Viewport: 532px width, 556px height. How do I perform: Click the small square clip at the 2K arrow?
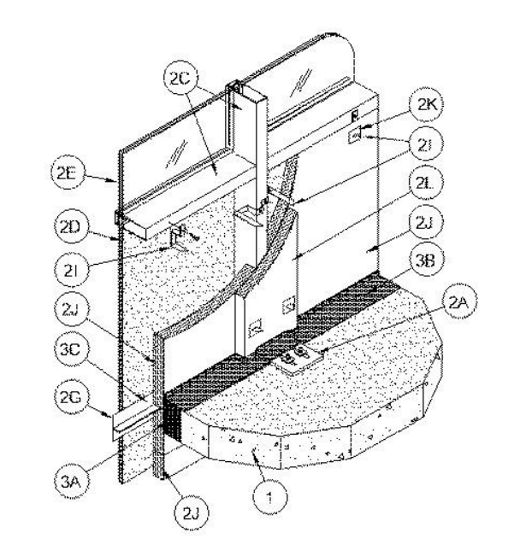click(353, 135)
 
